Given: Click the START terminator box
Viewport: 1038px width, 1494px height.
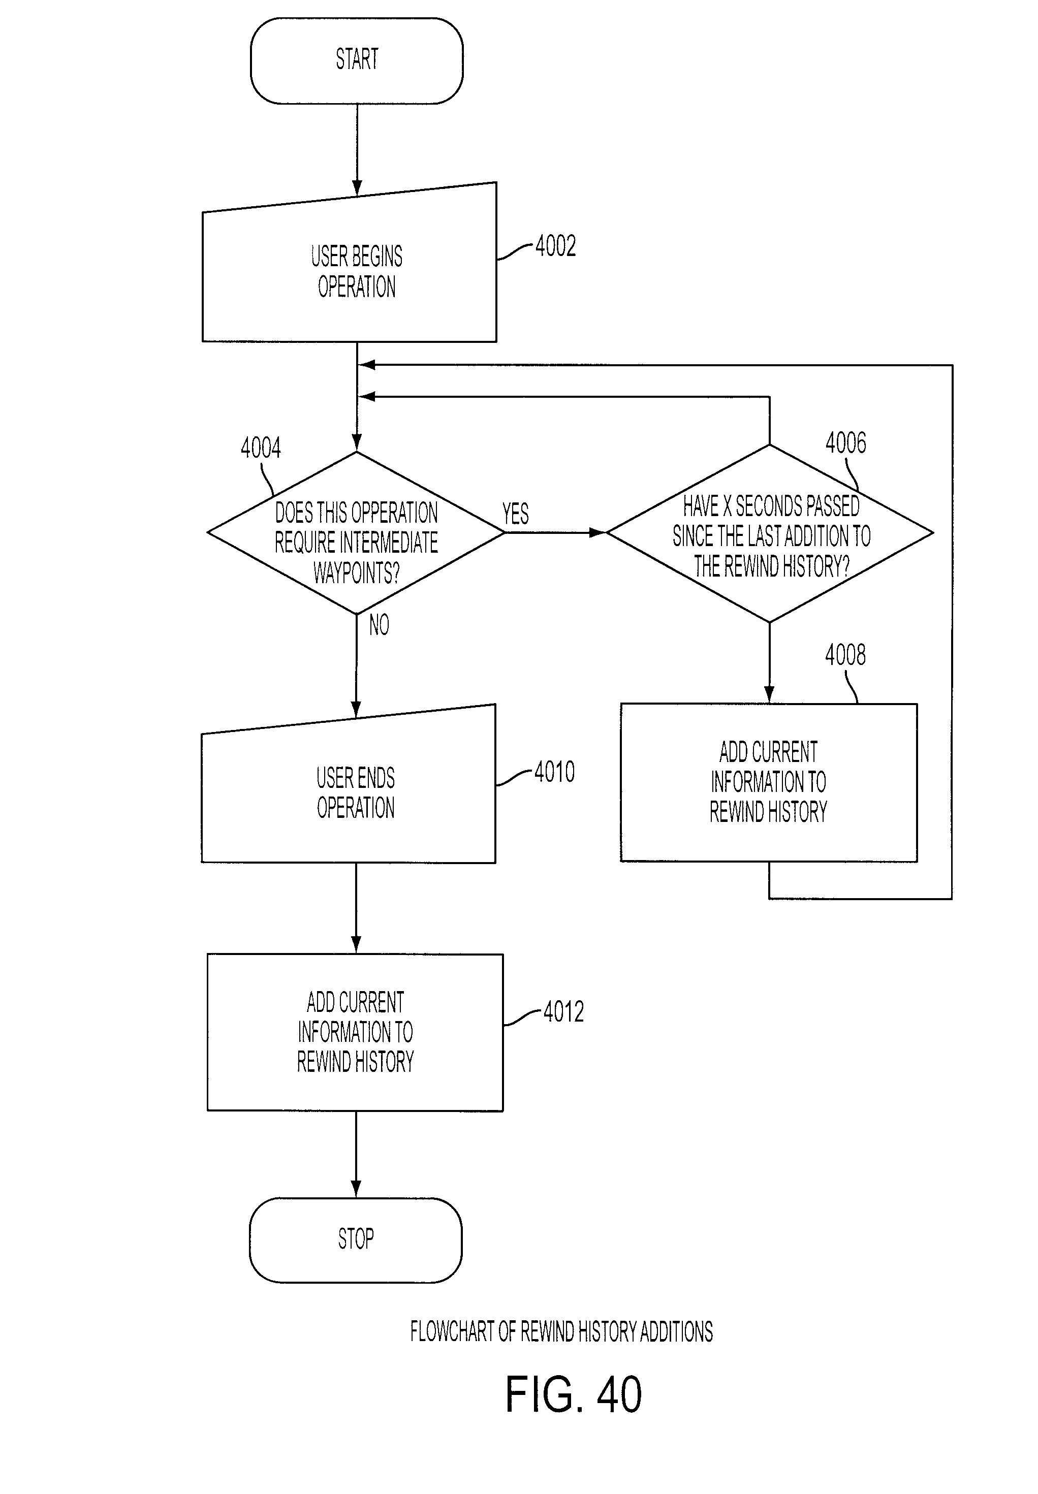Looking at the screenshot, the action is (356, 60).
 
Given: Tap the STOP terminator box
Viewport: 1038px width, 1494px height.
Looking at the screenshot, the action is (356, 1239).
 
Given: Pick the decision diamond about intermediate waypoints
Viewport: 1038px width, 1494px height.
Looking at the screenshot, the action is (356, 533).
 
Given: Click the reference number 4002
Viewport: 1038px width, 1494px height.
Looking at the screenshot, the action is (555, 246).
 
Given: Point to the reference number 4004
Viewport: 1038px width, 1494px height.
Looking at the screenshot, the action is (261, 448).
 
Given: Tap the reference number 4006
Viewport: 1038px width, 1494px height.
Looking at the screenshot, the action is (846, 443).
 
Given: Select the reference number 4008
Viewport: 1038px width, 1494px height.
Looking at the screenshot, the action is (845, 655).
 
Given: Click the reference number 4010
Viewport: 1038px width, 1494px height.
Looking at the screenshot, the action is (555, 772).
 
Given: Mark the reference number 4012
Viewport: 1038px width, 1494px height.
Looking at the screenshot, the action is (564, 1011).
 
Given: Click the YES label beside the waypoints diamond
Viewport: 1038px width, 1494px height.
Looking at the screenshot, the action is (516, 514).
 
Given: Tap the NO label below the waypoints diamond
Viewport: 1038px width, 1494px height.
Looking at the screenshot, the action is (379, 625).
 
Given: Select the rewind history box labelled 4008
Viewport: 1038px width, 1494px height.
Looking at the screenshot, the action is (769, 783).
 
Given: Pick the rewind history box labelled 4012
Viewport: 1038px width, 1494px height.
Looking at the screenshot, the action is (355, 1032).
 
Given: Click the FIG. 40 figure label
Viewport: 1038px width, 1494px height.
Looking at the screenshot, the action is (574, 1395).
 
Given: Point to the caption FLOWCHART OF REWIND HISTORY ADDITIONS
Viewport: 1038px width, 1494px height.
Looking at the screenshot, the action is (561, 1331).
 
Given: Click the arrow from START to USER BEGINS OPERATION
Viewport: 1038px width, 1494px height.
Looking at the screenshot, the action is (356, 149).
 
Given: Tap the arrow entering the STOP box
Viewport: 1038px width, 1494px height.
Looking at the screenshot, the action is (356, 1154).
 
